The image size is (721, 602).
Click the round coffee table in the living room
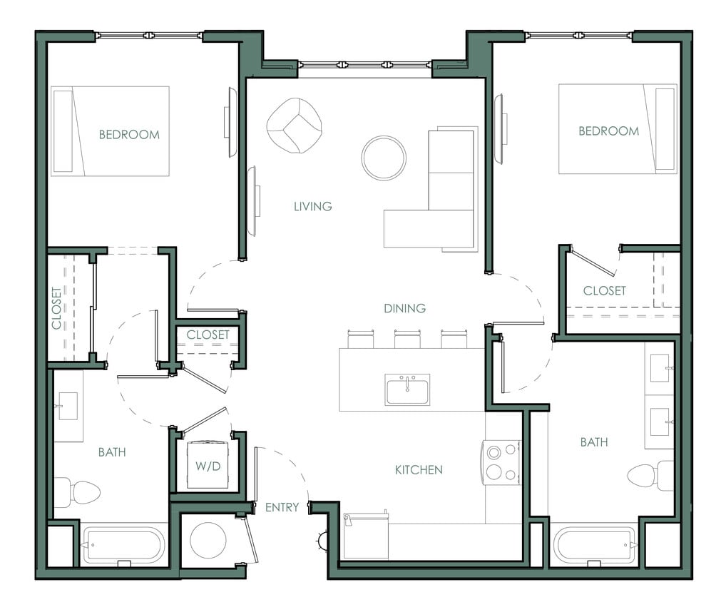point(383,158)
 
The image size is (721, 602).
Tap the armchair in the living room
point(293,125)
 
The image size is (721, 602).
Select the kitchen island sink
point(406,389)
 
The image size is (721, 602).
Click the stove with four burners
point(502,462)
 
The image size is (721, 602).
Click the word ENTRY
point(282,507)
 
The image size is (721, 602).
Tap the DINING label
point(404,308)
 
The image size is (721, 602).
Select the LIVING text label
point(312,206)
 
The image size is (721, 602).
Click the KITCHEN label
point(419,469)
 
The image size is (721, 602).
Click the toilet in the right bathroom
point(650,475)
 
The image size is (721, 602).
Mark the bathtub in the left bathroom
point(123,545)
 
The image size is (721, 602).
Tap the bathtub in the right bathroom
point(595,546)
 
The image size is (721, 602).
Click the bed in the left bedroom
point(110,131)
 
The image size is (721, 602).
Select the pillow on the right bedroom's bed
point(665,129)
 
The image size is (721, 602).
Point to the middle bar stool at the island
point(406,339)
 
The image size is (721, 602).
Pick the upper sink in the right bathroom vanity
point(659,368)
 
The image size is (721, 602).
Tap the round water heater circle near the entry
point(208,540)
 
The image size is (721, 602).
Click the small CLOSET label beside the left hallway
point(208,335)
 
